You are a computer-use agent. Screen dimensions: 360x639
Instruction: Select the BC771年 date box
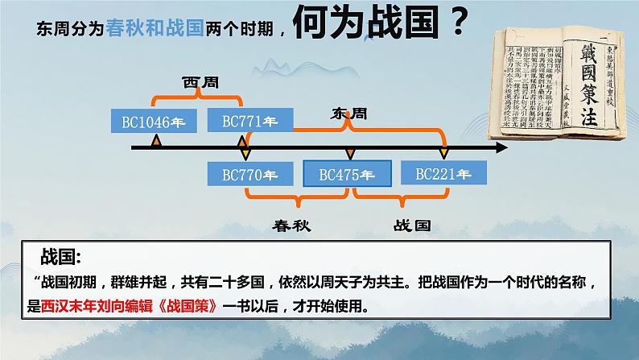(242, 122)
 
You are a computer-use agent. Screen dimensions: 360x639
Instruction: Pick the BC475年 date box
(347, 173)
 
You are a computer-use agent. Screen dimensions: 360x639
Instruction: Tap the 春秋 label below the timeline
(291, 226)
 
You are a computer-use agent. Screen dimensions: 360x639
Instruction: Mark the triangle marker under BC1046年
(157, 143)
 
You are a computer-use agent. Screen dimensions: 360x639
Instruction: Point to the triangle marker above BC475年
(349, 152)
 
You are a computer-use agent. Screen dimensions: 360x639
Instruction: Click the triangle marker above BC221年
(442, 152)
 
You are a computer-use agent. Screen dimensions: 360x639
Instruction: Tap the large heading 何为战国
(365, 26)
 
